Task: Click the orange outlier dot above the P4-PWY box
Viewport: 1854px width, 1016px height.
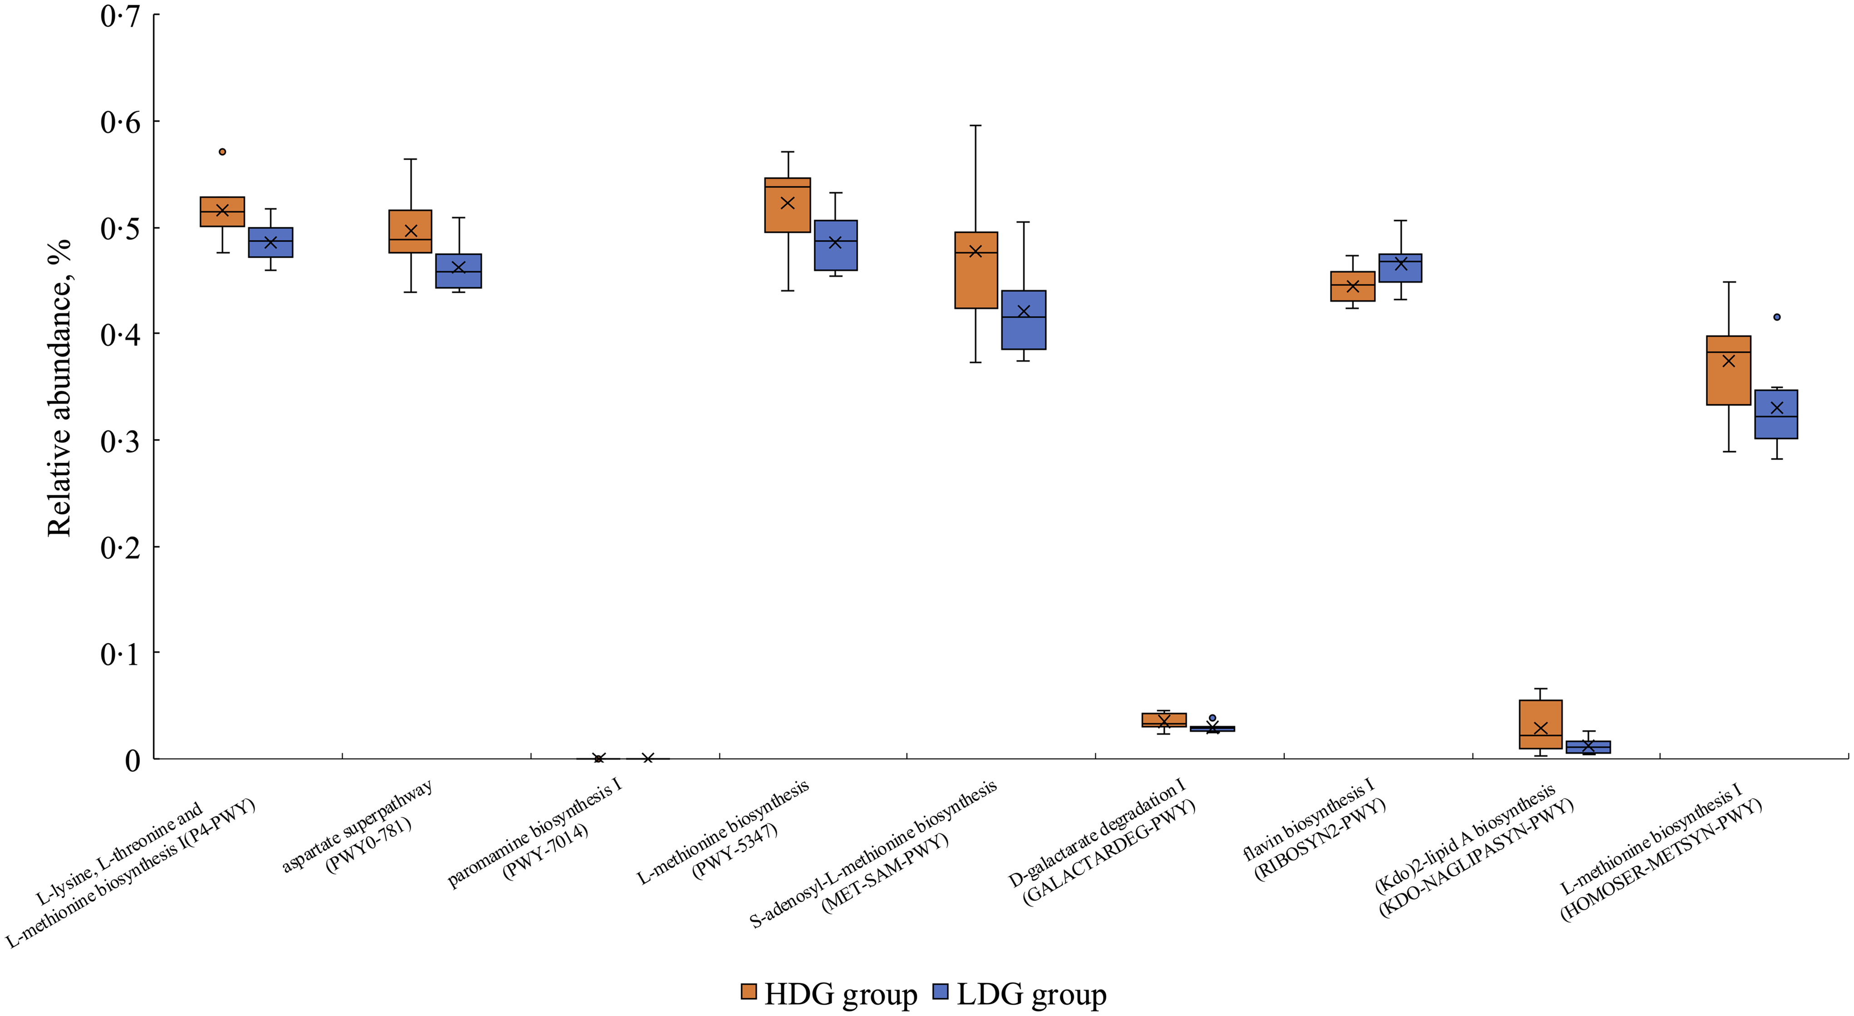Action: tap(223, 152)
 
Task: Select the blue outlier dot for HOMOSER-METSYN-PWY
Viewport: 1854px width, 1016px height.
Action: tap(1777, 317)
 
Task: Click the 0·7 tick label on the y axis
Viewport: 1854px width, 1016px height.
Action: tap(120, 16)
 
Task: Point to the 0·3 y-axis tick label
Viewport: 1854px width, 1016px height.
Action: tap(120, 440)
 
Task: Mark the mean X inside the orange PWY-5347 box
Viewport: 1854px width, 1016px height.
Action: tap(787, 203)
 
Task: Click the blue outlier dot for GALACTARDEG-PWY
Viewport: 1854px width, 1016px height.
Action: tap(1213, 718)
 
